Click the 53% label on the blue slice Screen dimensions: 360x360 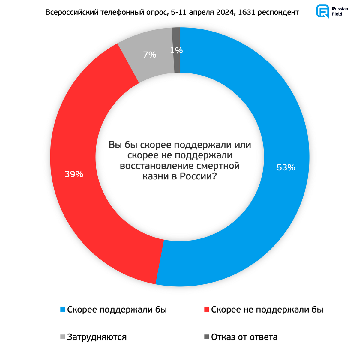286,167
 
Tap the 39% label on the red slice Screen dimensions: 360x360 74,174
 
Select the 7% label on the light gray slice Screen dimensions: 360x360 149,55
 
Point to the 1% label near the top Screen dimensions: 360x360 176,51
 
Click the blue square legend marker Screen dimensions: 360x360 62,310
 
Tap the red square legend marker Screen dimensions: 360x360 206,310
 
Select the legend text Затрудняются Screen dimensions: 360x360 97,337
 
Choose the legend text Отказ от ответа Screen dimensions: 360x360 244,337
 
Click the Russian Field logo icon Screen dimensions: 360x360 322,11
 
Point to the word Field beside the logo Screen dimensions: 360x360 337,14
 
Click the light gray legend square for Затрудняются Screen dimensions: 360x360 62,337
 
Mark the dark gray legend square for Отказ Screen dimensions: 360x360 206,337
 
